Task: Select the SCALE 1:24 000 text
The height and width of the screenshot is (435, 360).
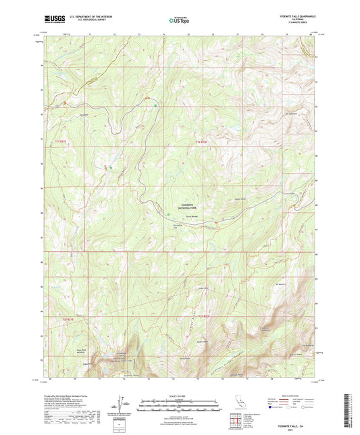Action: click(179, 396)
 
